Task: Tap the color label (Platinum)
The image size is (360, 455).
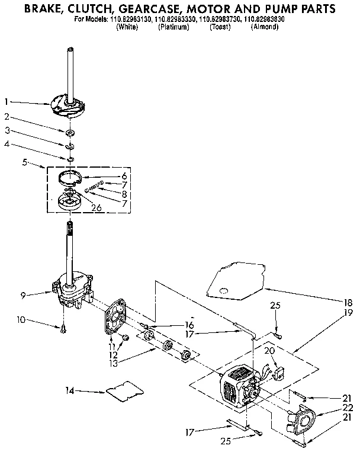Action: coord(173,27)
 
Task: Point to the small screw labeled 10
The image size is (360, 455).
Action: coord(63,328)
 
